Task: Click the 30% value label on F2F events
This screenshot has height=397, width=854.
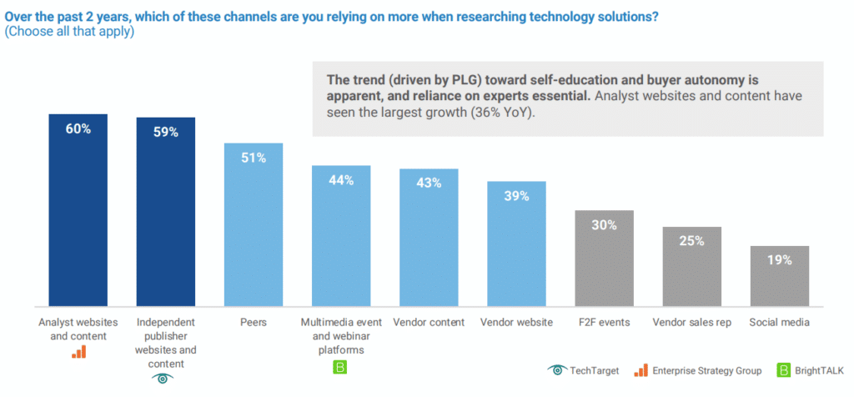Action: (x=605, y=224)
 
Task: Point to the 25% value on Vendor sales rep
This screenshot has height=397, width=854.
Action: (x=691, y=241)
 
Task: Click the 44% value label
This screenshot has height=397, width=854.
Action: (x=341, y=180)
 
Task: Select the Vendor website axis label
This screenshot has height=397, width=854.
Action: (x=516, y=322)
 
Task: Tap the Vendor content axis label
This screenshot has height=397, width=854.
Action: (x=429, y=322)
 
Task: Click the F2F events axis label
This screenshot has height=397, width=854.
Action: (x=605, y=322)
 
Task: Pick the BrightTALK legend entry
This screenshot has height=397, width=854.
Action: (x=810, y=369)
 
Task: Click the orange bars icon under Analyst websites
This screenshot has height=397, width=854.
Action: (x=78, y=351)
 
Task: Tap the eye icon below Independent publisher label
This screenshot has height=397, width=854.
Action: (x=165, y=377)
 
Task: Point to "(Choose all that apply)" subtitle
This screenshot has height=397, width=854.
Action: (x=69, y=32)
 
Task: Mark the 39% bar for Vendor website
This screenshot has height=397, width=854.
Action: (x=516, y=243)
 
